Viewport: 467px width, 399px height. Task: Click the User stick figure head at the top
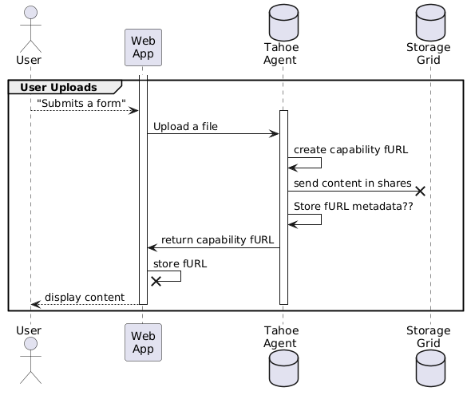30,13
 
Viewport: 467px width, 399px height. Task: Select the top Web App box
143,47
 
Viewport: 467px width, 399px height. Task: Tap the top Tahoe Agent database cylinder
283,22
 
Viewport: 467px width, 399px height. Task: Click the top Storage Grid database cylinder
430,22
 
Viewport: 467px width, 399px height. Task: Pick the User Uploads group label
58,87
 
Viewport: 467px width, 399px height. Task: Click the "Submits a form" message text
81,103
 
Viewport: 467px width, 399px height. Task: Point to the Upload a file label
185,127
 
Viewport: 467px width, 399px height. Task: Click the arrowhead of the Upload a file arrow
274,134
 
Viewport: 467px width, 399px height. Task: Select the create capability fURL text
350,149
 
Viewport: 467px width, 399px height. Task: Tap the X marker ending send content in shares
420,191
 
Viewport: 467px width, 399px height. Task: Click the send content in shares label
353,183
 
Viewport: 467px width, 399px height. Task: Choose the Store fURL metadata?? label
353,206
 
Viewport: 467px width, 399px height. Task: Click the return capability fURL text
217,239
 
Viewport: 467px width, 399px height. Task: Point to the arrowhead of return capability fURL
152,247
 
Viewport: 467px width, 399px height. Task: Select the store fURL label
180,264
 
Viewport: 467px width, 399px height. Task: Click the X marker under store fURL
156,281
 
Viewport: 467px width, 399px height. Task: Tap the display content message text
85,297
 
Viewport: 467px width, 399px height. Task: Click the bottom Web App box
143,342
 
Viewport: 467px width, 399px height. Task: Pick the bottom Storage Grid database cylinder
430,369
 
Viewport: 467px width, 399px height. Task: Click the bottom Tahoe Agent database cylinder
283,369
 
